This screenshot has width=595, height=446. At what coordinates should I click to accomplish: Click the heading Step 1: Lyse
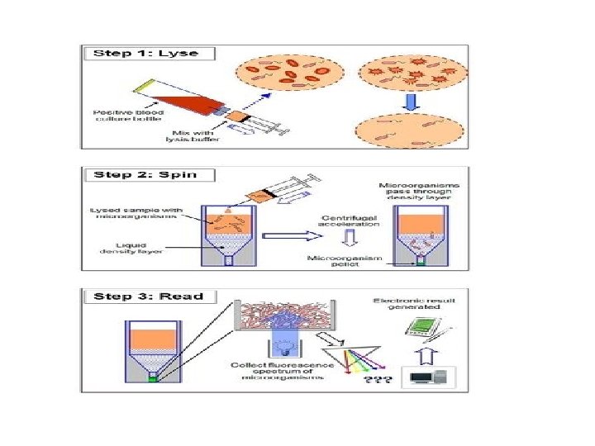coord(146,53)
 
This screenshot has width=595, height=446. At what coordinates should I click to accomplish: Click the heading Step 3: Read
coord(148,296)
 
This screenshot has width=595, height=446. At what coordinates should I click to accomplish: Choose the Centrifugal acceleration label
coord(350,221)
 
